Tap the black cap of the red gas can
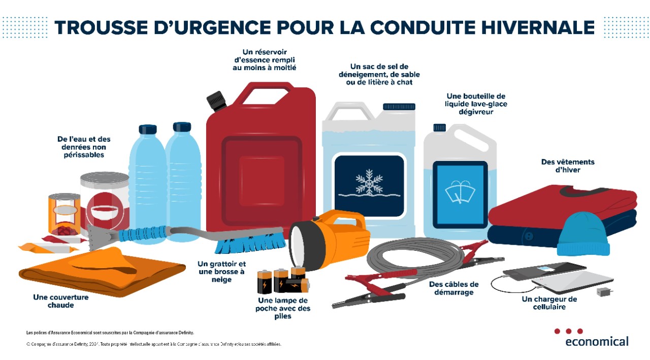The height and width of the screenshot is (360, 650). (215, 101)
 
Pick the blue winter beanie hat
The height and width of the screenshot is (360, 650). (583, 234)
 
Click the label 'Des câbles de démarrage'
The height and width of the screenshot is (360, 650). (453, 288)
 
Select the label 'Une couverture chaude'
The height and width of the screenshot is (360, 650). (60, 301)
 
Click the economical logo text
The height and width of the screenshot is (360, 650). (597, 341)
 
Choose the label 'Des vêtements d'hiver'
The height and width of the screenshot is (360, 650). (561, 166)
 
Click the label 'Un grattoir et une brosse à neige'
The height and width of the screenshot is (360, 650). (221, 272)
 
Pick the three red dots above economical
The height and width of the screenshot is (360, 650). (568, 331)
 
